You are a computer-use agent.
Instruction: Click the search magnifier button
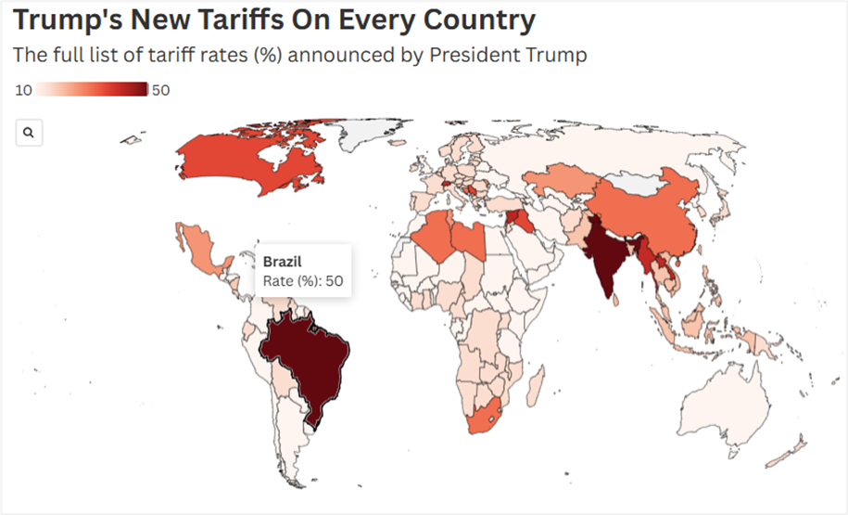point(29,133)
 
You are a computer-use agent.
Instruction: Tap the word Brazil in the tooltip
point(284,261)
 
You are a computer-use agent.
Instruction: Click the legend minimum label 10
point(25,90)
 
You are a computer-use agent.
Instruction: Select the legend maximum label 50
point(160,90)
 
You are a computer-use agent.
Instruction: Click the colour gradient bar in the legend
point(93,90)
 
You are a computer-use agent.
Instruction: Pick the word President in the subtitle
point(466,55)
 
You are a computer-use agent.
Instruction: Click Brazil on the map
point(306,362)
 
